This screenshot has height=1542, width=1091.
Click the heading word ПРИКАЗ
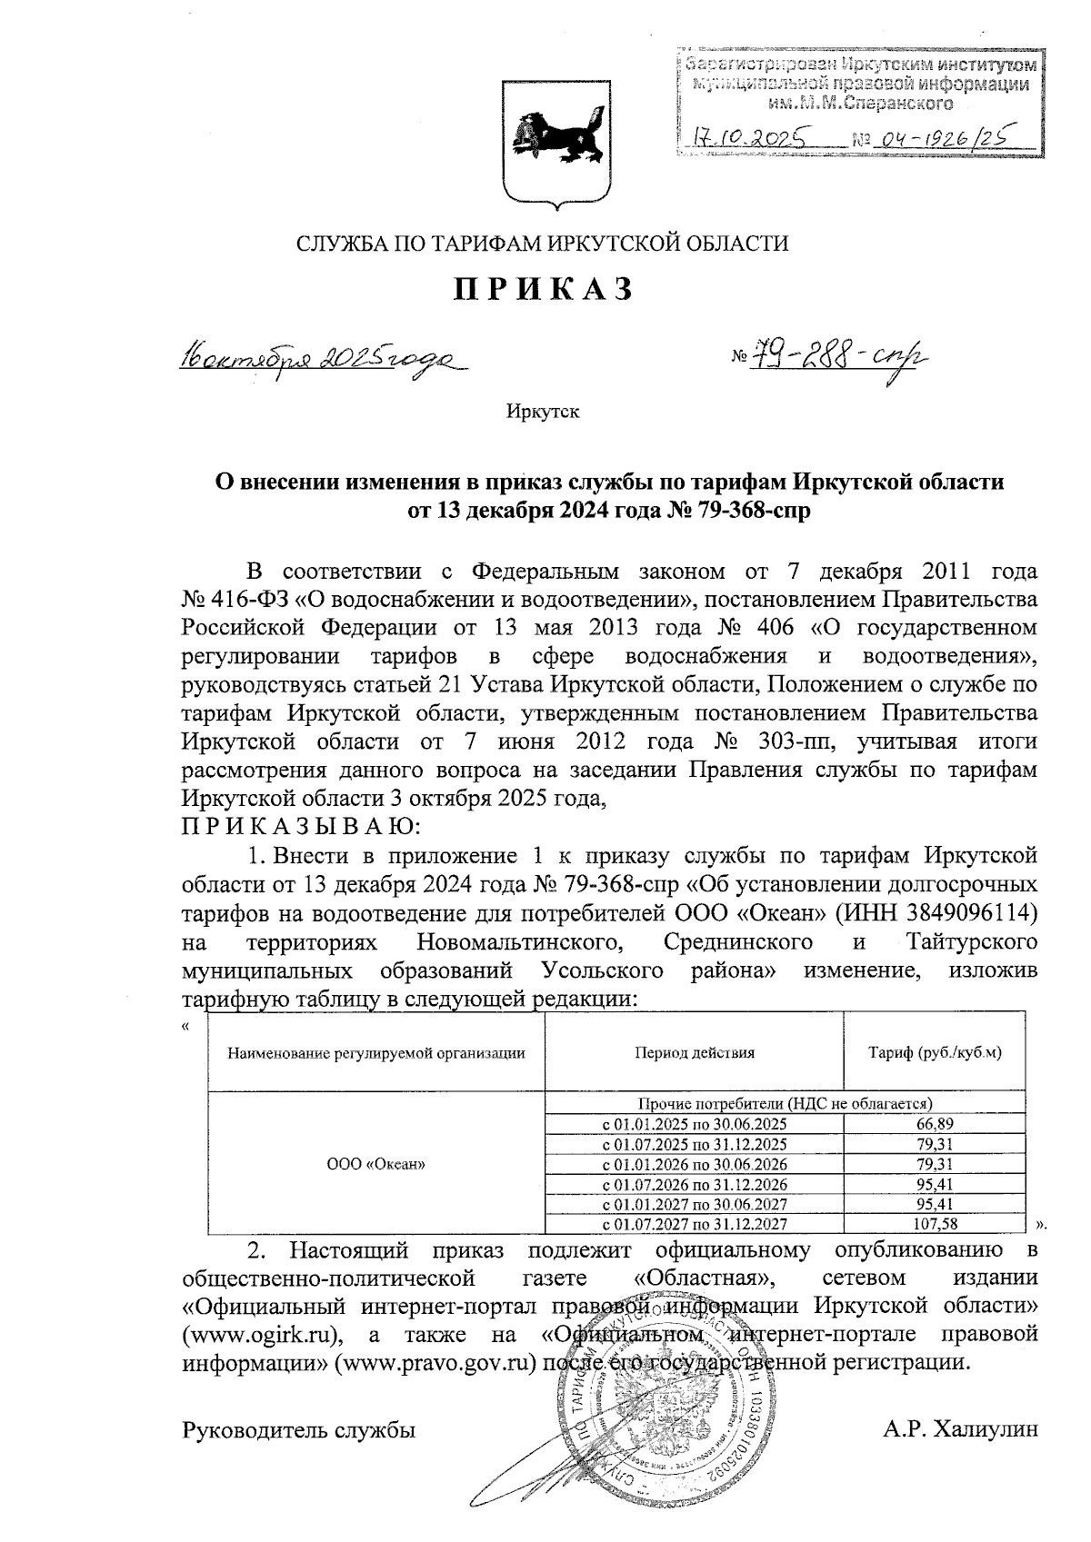[544, 288]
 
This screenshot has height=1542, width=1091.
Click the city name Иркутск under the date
[544, 412]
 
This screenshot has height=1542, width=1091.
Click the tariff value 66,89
[936, 1123]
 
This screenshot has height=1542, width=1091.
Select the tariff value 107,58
[936, 1223]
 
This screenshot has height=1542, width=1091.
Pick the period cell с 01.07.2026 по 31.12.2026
[695, 1183]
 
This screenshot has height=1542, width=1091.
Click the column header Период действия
[695, 1053]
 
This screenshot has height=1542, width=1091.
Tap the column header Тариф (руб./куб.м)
[936, 1053]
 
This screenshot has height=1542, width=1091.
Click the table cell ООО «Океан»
[375, 1163]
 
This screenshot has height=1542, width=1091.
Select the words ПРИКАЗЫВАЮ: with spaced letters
[300, 827]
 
